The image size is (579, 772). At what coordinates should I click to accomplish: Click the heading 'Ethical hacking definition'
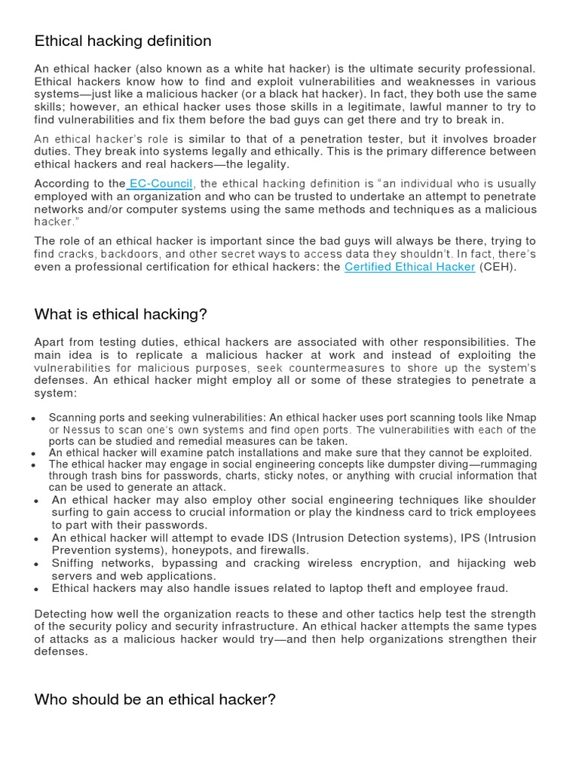click(x=123, y=41)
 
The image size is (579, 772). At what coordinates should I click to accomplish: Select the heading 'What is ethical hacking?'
click(x=121, y=314)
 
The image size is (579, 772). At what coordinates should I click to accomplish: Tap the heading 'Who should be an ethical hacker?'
click(x=155, y=700)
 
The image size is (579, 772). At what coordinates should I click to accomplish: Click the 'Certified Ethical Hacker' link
click(x=409, y=267)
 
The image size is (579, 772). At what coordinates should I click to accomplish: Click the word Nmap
click(x=521, y=418)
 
